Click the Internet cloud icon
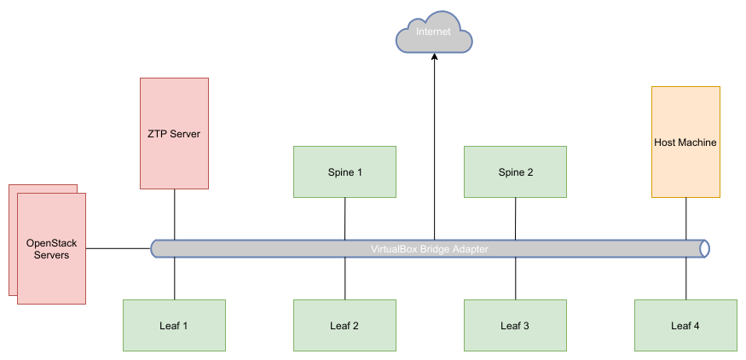[x=433, y=32]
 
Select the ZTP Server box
[x=174, y=133]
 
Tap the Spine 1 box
[x=344, y=171]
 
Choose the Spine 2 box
[x=515, y=171]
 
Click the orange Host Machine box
[x=685, y=142]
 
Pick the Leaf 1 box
[x=174, y=325]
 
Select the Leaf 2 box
[x=344, y=325]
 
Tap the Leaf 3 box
[x=515, y=325]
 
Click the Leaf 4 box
[x=685, y=325]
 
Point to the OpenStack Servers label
[x=51, y=249]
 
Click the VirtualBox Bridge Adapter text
[x=430, y=249]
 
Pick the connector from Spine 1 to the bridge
[x=344, y=218]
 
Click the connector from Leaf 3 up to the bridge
[x=515, y=278]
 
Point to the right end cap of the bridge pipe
[x=703, y=248]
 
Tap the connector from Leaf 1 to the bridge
[x=174, y=278]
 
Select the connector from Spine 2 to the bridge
[x=515, y=218]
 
